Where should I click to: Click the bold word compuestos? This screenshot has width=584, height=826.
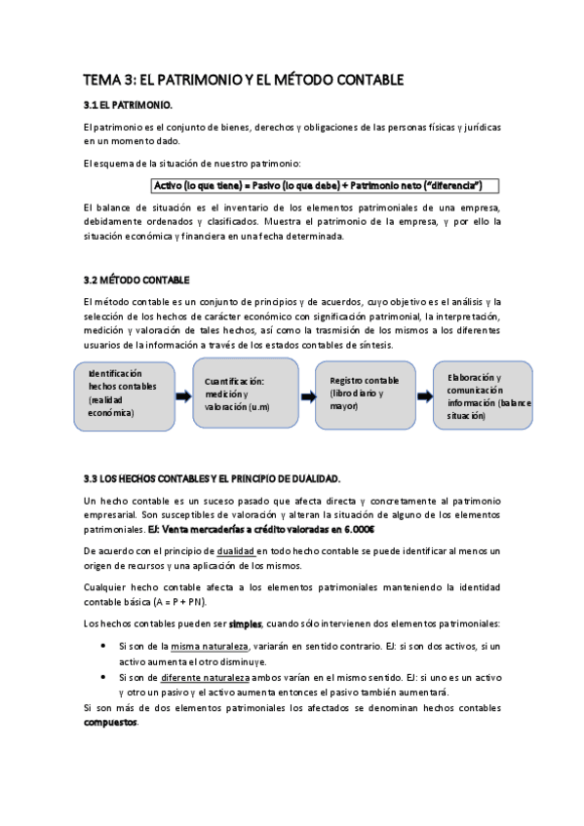click(111, 723)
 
